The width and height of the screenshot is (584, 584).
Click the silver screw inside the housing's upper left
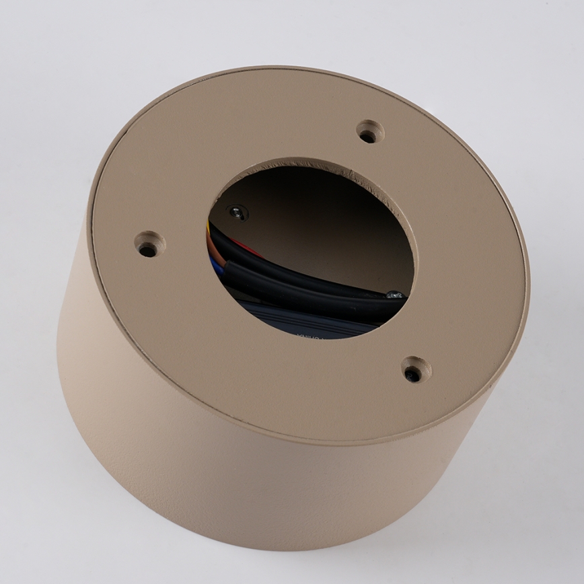point(235,213)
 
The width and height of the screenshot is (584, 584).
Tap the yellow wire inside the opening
point(209,229)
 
